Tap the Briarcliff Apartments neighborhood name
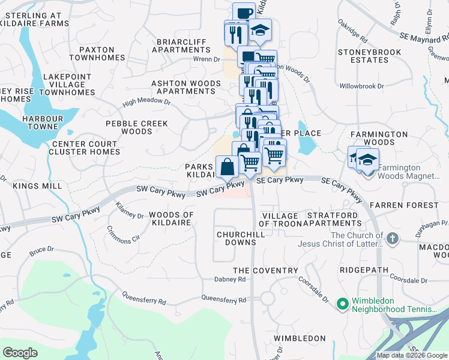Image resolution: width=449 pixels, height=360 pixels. click(181, 46)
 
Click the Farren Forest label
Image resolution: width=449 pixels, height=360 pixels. click(404, 205)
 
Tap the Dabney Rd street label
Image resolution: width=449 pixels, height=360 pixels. click(230, 280)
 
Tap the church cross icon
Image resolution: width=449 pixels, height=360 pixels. click(393, 239)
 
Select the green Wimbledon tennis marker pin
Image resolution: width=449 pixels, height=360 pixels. click(343, 305)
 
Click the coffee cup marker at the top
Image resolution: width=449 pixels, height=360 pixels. click(244, 13)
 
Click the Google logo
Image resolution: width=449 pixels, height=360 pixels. click(20, 353)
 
